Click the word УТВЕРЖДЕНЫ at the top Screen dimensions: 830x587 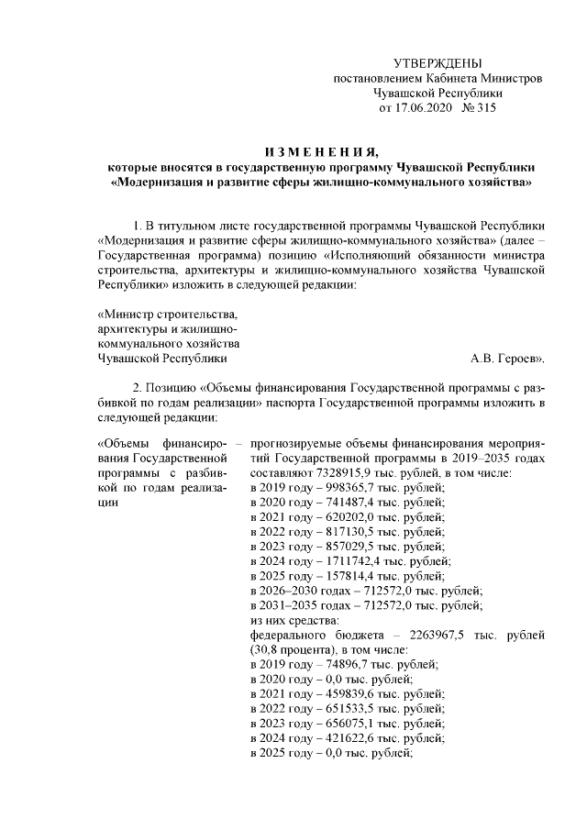(x=437, y=63)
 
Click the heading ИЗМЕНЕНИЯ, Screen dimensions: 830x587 (x=319, y=152)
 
